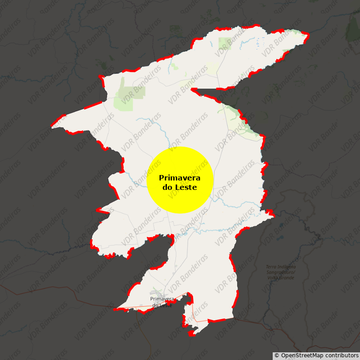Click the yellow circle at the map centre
pyautogui.click(x=180, y=180)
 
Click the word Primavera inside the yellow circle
pyautogui.click(x=180, y=178)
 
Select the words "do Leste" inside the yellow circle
pyautogui.click(x=180, y=187)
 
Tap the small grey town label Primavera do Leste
pyautogui.click(x=162, y=302)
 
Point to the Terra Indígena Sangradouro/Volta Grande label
pyautogui.click(x=280, y=272)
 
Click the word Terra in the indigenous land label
pyautogui.click(x=272, y=267)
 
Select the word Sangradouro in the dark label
pyautogui.click(x=280, y=272)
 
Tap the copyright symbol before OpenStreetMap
pyautogui.click(x=277, y=355)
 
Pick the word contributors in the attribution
pyautogui.click(x=342, y=355)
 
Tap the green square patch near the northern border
pyautogui.click(x=224, y=43)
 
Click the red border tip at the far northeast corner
pyautogui.click(x=307, y=34)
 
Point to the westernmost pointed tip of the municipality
pyautogui.click(x=52, y=127)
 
